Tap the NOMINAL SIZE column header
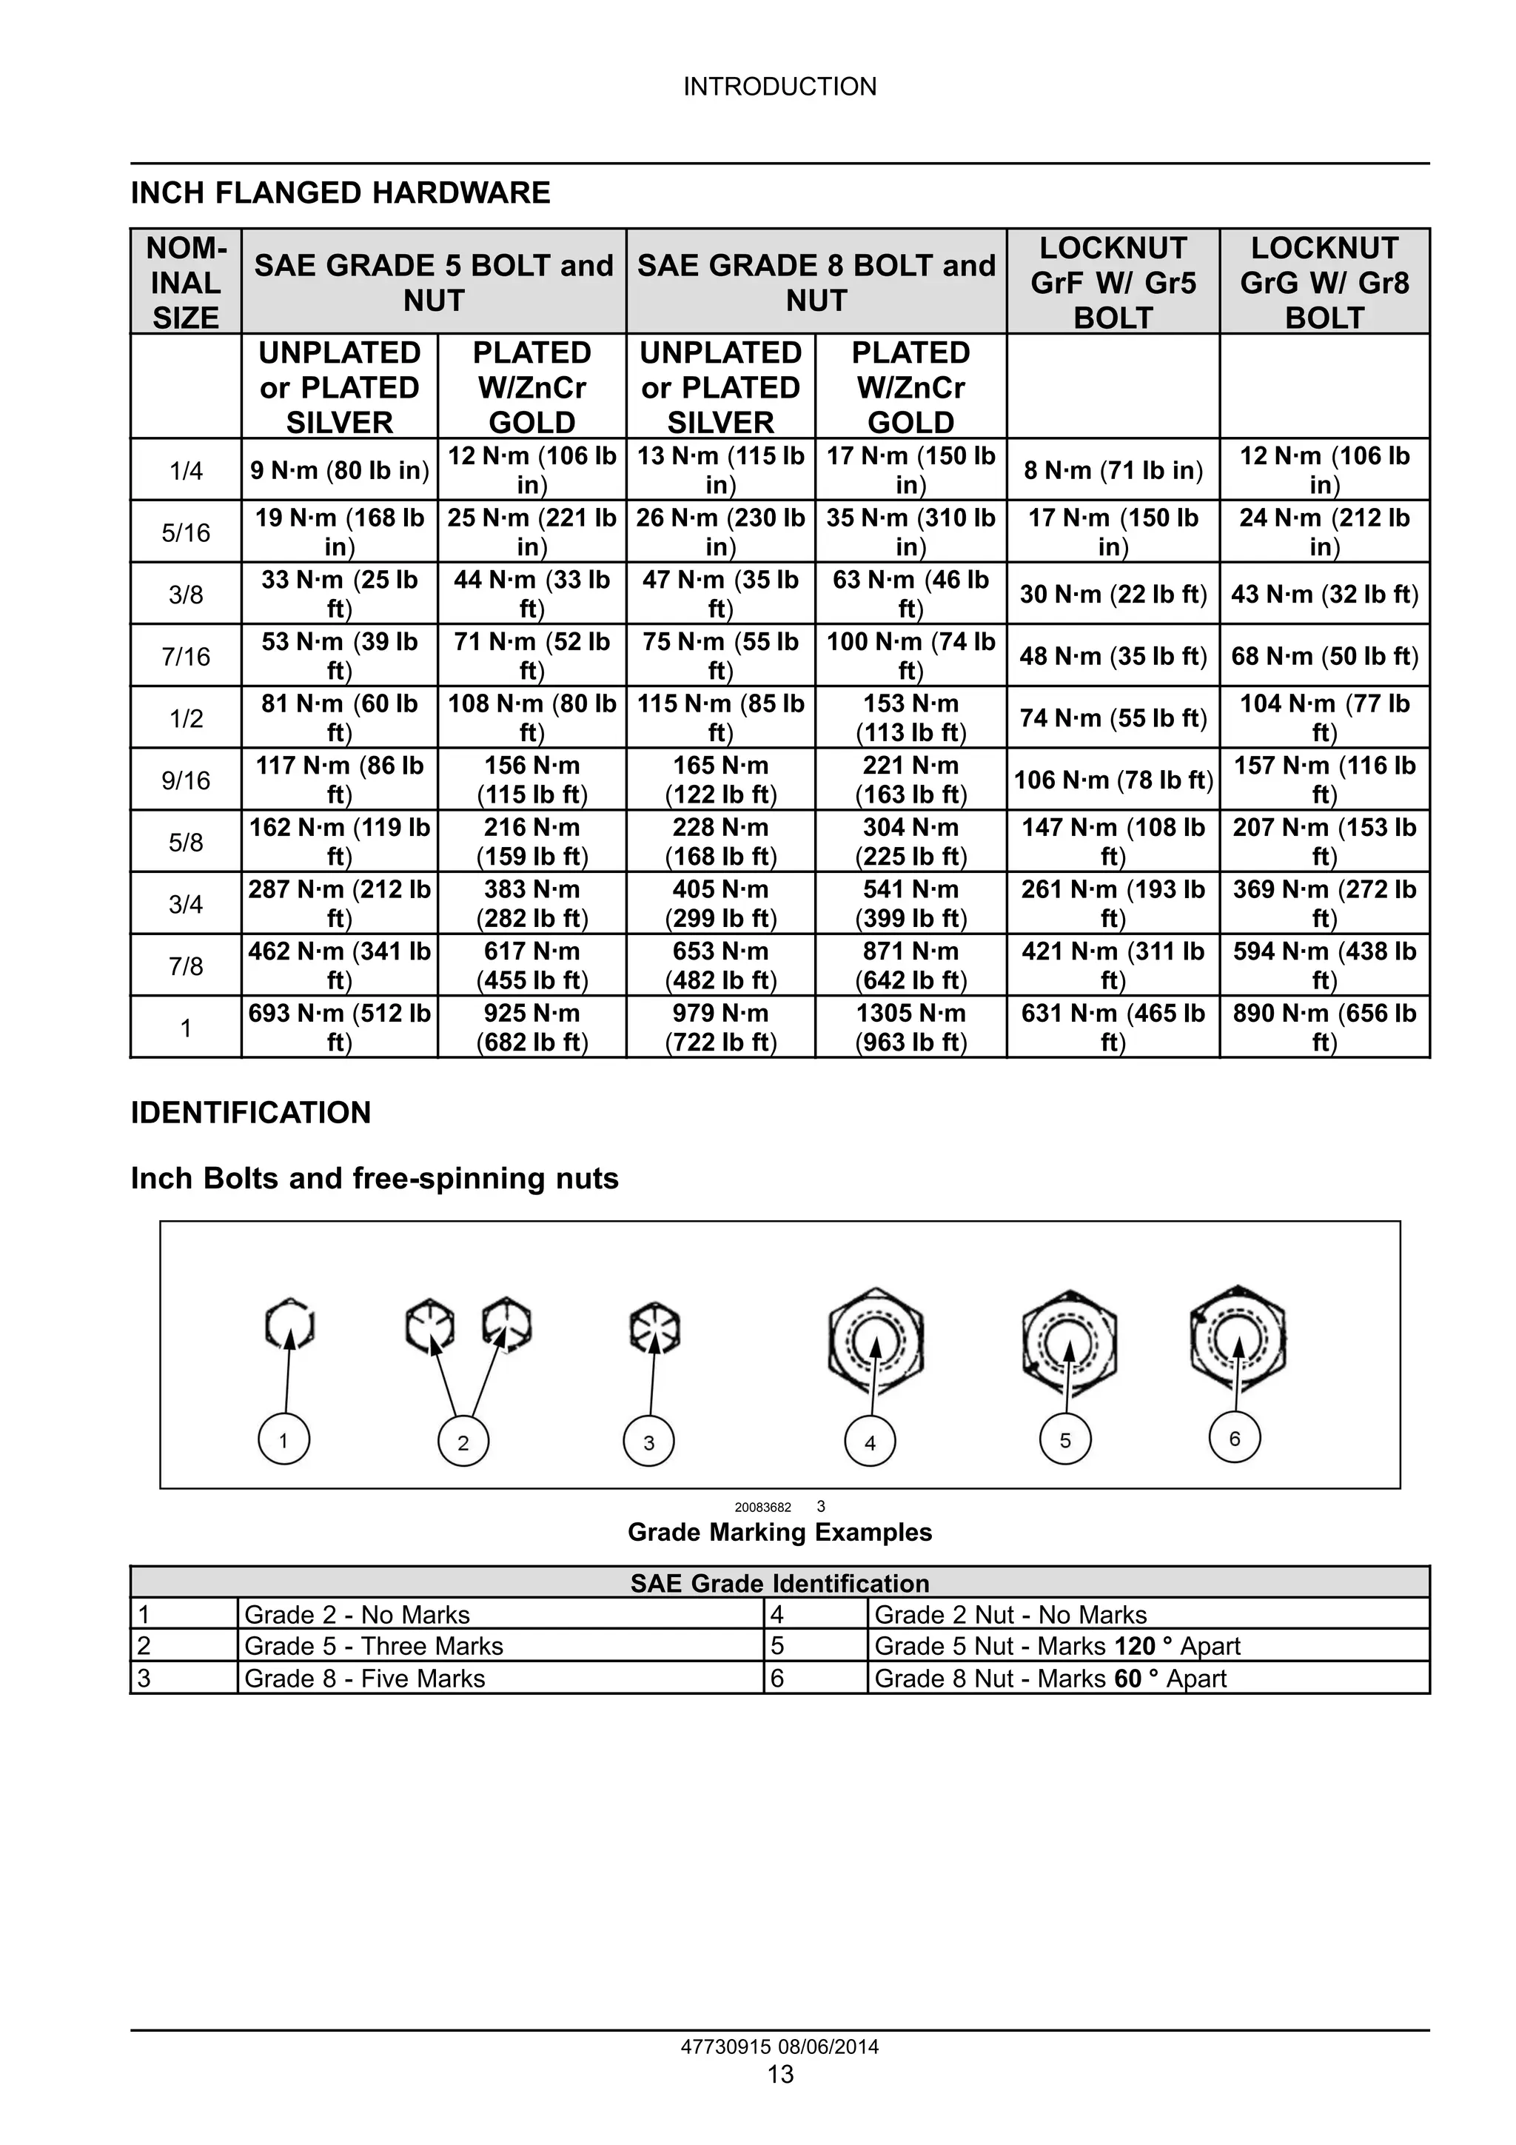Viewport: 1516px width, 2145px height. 186,282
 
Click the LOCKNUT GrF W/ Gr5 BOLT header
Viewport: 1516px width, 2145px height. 1113,282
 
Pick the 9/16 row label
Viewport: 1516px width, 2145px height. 186,780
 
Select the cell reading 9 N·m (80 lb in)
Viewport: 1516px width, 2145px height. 339,470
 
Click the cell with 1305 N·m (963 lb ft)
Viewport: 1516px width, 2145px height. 910,1027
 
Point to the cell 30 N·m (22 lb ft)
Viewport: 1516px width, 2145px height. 1113,594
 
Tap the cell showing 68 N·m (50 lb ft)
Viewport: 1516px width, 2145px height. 1324,656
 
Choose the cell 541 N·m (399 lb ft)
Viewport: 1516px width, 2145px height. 910,903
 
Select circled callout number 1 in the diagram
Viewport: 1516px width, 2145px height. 284,1439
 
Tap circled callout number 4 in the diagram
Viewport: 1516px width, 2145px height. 870,1442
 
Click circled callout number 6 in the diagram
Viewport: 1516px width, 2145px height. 1234,1438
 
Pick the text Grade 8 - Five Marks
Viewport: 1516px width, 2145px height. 364,1679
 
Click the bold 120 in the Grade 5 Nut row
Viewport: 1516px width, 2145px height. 1135,1646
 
